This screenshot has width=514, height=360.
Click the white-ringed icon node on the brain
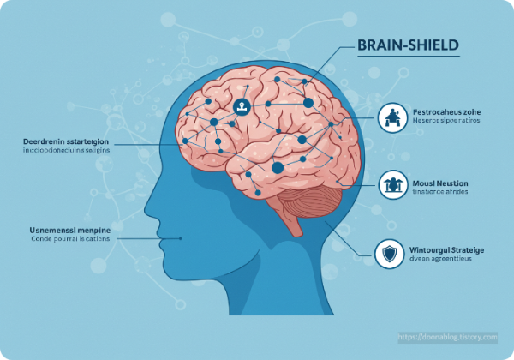point(242,107)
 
